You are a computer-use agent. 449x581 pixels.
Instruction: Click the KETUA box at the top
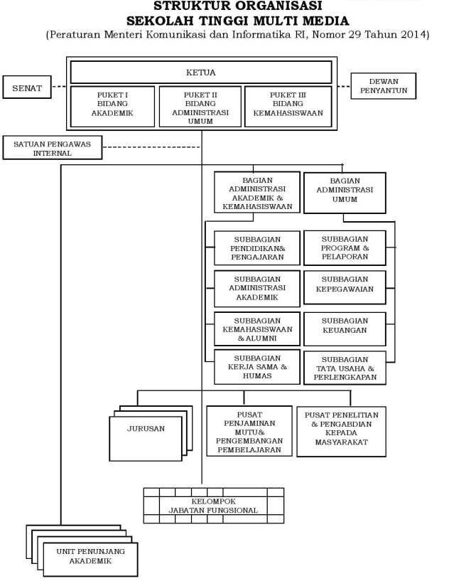[x=201, y=73]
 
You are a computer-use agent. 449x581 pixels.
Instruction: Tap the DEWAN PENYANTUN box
[x=384, y=86]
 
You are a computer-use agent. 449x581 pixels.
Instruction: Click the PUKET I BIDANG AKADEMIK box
[x=112, y=107]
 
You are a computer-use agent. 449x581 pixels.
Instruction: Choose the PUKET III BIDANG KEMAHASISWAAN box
[x=288, y=107]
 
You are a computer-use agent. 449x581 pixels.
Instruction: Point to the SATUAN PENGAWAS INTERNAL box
[x=53, y=148]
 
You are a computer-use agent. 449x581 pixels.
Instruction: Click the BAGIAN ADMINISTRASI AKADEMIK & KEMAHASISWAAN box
[x=256, y=192]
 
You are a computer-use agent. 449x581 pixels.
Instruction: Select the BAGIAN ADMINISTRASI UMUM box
[x=345, y=193]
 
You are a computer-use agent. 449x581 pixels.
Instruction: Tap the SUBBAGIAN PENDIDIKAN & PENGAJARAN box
[x=256, y=247]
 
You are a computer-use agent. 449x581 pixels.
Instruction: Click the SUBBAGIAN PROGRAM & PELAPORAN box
[x=345, y=247]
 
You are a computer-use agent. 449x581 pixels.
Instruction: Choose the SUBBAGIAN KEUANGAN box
[x=345, y=329]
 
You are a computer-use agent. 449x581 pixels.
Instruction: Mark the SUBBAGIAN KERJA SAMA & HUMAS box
[x=256, y=367]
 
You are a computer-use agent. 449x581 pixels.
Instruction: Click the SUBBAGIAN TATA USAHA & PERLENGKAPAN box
[x=345, y=368]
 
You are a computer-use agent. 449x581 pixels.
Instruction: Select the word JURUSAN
[x=146, y=429]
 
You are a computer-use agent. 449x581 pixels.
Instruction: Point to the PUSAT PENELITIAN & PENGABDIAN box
[x=342, y=431]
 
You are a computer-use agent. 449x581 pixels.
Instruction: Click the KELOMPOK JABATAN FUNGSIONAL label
[x=213, y=506]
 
